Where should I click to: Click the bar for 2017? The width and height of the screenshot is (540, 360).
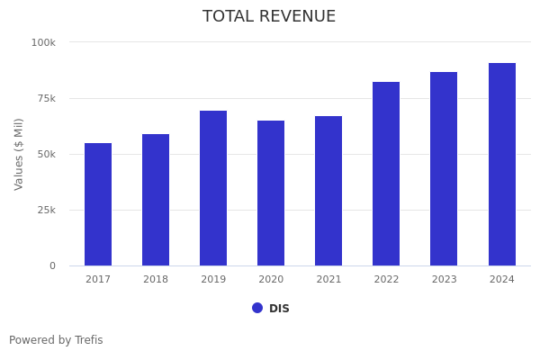click(98, 204)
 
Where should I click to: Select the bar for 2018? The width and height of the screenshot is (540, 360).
click(156, 200)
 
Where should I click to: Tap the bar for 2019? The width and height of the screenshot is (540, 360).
click(213, 188)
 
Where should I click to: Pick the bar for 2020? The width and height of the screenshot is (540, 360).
click(271, 193)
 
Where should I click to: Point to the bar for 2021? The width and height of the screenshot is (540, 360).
click(328, 191)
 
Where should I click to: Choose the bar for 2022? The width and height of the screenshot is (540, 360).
click(386, 174)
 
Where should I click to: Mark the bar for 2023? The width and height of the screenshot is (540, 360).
click(444, 168)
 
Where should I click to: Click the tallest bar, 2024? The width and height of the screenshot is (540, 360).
click(502, 164)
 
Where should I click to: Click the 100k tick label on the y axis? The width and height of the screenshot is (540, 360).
click(43, 42)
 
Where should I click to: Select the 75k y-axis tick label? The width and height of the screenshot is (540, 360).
click(45, 98)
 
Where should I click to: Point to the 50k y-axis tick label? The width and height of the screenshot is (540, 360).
click(45, 154)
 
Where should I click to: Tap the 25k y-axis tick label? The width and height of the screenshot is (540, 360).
click(45, 210)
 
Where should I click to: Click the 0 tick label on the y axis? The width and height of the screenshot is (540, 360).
click(52, 265)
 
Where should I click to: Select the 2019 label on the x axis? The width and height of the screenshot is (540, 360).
click(213, 280)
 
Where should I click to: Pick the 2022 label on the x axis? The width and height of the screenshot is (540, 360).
click(386, 280)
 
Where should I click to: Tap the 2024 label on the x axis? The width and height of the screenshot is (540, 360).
click(502, 280)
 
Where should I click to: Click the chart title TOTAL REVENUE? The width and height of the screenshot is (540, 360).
click(269, 17)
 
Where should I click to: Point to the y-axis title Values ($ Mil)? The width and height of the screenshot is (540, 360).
click(19, 154)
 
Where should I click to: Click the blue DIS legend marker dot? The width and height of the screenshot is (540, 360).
click(257, 308)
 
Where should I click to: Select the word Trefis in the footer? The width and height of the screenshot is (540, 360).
click(88, 340)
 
